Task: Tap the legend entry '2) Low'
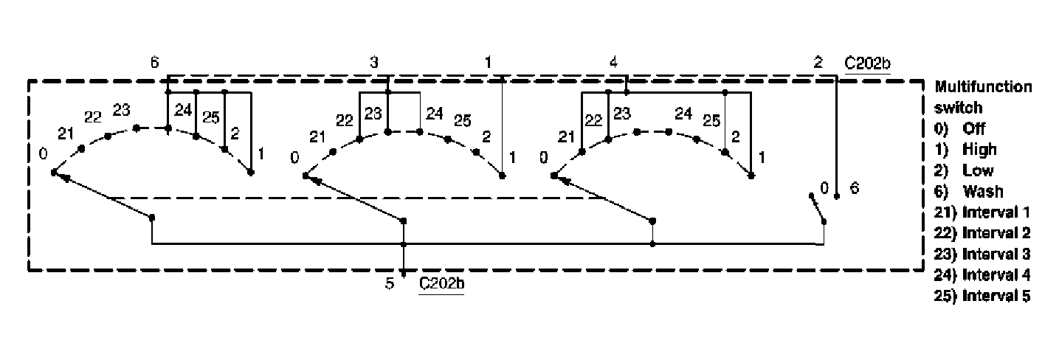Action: click(x=964, y=170)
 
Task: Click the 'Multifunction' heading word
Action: click(x=984, y=86)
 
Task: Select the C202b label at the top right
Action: click(x=868, y=63)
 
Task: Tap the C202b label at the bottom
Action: click(x=441, y=283)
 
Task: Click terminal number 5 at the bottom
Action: click(x=390, y=283)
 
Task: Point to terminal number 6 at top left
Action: click(x=154, y=63)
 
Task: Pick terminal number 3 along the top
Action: click(x=374, y=63)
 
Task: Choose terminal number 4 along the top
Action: click(x=613, y=63)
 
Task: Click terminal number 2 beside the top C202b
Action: click(x=818, y=63)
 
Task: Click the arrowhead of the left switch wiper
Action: click(x=58, y=176)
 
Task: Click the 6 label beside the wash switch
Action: click(x=854, y=187)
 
